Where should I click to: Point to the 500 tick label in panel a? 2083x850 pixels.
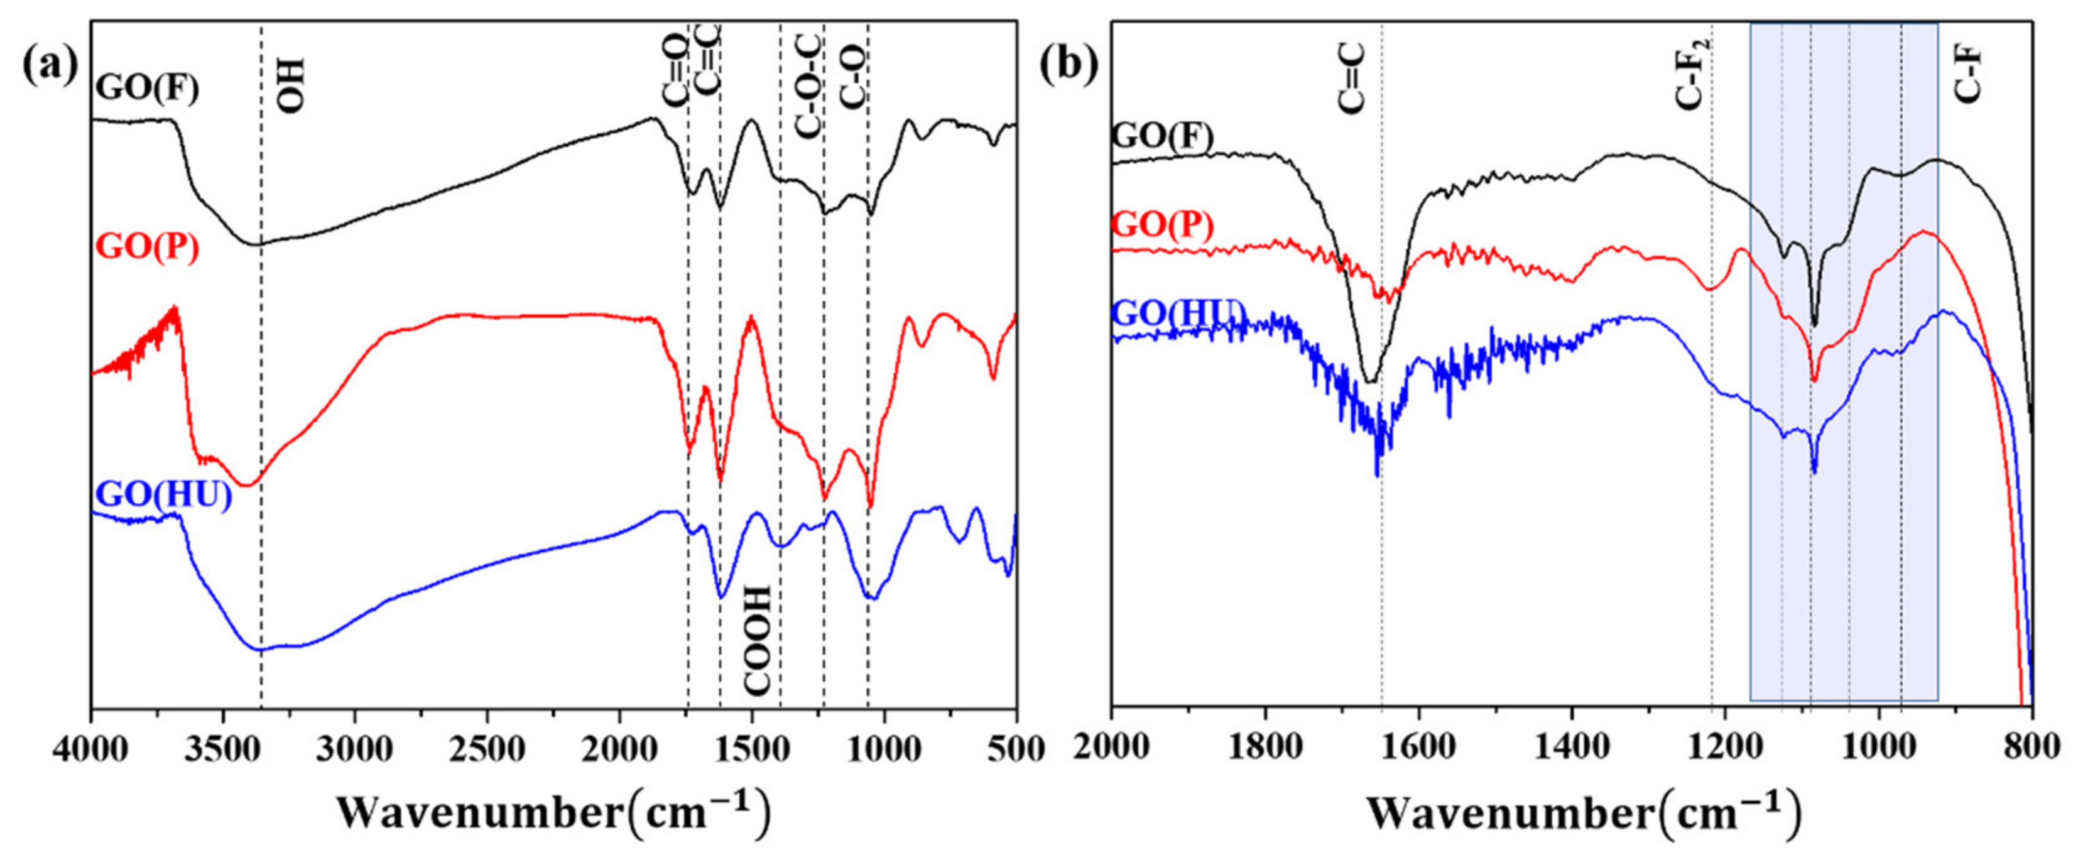[1016, 748]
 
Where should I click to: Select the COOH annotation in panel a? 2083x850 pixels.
[758, 639]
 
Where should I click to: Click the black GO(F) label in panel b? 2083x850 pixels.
[1162, 138]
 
